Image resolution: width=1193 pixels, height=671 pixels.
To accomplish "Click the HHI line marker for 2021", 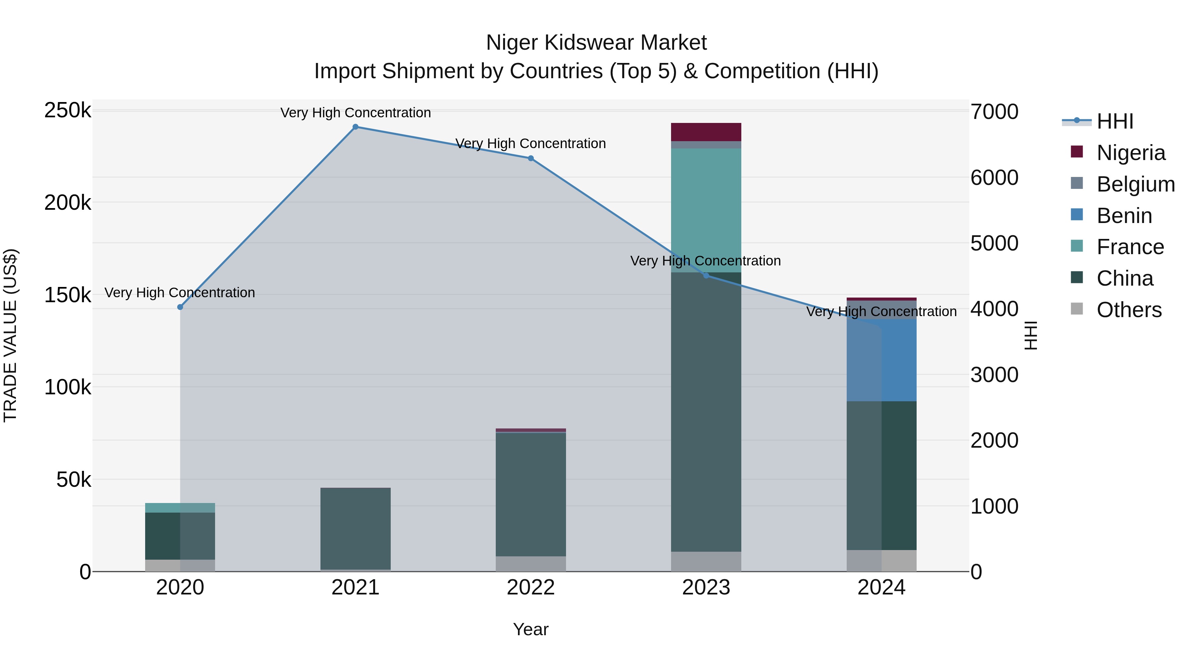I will (355, 127).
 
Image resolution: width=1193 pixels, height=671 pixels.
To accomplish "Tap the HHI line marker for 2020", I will (180, 307).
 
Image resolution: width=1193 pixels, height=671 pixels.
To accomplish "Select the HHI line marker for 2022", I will (531, 158).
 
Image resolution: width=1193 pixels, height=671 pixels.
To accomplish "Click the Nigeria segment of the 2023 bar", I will (706, 132).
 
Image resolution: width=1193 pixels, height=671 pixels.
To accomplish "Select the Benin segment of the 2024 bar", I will (881, 360).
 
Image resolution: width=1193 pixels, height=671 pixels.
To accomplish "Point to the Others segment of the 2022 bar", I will (531, 564).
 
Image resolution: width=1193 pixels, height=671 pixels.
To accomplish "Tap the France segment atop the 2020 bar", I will (180, 508).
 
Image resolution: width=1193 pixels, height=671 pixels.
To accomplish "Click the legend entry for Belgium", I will (1135, 184).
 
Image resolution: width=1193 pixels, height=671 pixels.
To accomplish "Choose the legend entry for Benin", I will (1124, 216).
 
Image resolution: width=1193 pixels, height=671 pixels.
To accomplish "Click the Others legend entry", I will (1129, 310).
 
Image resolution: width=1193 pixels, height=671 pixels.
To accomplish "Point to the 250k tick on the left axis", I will (68, 111).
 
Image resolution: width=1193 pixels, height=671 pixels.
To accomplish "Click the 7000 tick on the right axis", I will (994, 112).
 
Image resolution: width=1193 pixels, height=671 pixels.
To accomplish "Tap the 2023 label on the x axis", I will (706, 587).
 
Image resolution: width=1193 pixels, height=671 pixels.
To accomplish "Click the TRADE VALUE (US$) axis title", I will (10, 335).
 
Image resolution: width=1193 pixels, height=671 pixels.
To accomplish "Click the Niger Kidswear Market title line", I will (596, 43).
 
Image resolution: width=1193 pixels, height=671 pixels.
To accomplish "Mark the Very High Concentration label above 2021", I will (355, 113).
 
